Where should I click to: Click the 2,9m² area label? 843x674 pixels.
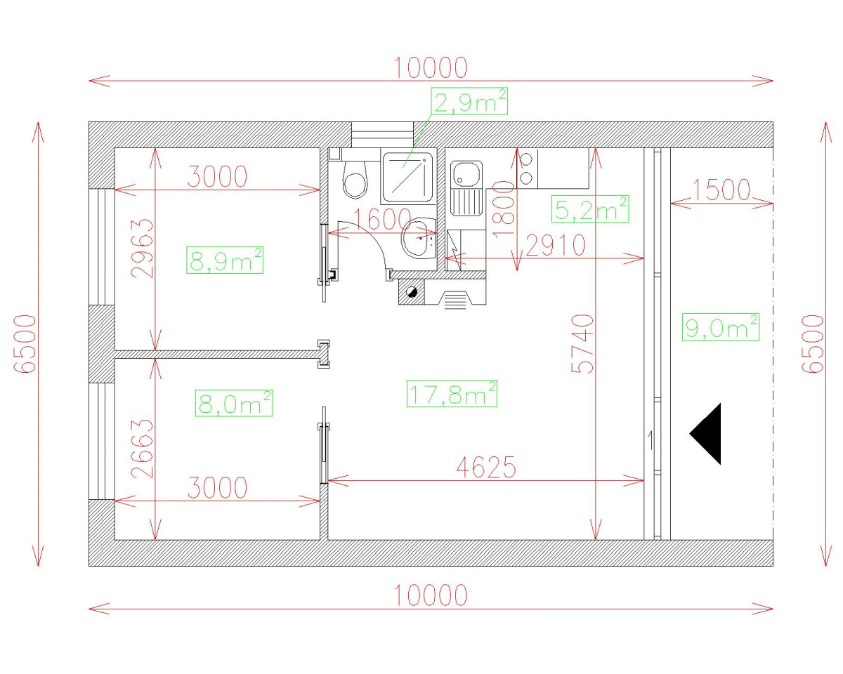(470, 102)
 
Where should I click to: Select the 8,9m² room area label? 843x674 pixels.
(225, 260)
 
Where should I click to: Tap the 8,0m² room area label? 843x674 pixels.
(233, 404)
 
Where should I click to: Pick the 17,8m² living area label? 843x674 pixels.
(452, 393)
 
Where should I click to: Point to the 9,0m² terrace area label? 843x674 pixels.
(721, 327)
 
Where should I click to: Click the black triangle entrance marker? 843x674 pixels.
(708, 434)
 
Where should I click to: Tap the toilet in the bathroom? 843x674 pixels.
(355, 179)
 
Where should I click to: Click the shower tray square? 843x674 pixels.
(405, 172)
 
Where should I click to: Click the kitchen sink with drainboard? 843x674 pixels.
(466, 188)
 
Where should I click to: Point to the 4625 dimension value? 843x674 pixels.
(486, 466)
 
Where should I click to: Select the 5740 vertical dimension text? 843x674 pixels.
(582, 343)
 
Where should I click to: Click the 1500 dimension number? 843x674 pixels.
(721, 190)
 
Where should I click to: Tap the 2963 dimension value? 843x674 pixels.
(143, 249)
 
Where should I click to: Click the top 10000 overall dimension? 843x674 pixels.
(430, 68)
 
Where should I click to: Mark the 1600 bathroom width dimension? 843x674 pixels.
(383, 220)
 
